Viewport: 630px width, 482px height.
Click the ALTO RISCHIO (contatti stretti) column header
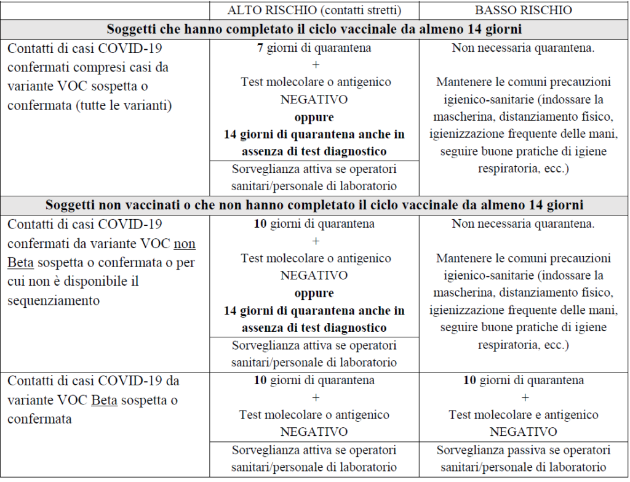click(x=314, y=10)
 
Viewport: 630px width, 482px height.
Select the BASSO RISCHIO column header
click(x=523, y=10)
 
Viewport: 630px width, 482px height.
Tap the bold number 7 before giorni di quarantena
click(x=260, y=48)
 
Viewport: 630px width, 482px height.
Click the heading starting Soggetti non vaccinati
click(x=314, y=204)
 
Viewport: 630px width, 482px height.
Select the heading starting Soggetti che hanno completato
click(x=314, y=30)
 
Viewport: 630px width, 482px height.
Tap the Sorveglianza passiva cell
click(x=523, y=458)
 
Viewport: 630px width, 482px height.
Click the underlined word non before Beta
click(x=185, y=244)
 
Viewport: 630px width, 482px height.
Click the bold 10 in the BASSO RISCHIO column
click(x=470, y=380)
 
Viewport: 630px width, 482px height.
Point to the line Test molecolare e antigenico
click(x=523, y=415)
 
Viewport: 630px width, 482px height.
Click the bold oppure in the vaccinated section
click(x=314, y=116)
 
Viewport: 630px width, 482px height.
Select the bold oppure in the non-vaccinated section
click(x=314, y=293)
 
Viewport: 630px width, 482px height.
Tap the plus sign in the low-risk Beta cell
click(x=524, y=398)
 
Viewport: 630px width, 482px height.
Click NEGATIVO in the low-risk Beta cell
click(x=523, y=432)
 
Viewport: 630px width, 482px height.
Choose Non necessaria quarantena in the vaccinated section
click(x=523, y=48)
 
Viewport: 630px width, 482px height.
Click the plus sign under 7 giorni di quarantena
click(x=314, y=65)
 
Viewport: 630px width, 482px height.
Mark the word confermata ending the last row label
click(x=39, y=419)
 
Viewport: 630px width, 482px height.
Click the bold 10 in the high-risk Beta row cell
click(x=261, y=380)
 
